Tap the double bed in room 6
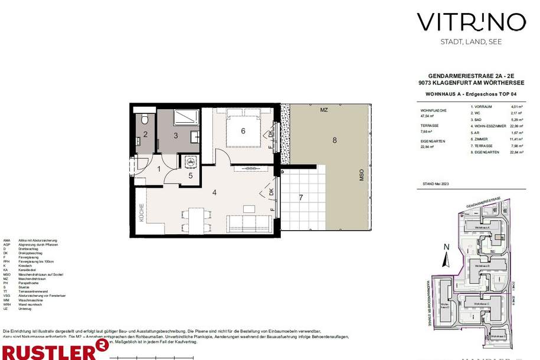[x=243, y=130]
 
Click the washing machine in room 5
[x=190, y=160]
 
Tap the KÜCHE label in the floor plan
[x=142, y=212]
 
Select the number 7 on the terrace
[x=301, y=197]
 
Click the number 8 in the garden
[x=334, y=140]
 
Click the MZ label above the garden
[x=324, y=110]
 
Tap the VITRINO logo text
[x=471, y=22]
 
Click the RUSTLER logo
[x=53, y=351]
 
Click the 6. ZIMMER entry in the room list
[x=481, y=139]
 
